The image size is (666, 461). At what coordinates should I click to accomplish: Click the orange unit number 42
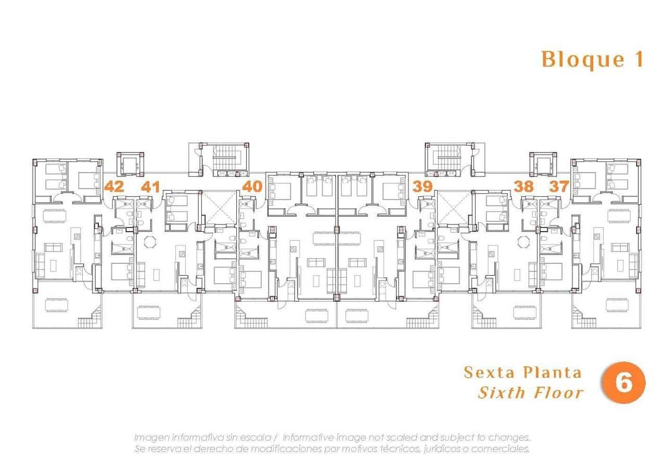114,186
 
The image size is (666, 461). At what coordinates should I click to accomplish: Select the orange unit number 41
150,186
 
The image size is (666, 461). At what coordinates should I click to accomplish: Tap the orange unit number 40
252,186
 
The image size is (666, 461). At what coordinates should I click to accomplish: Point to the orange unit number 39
422,186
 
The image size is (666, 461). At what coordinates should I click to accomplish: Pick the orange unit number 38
524,186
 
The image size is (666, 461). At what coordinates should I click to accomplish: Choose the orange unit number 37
559,186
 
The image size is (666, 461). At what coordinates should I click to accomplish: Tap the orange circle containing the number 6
623,383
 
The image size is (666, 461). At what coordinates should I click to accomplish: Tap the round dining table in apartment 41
149,241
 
